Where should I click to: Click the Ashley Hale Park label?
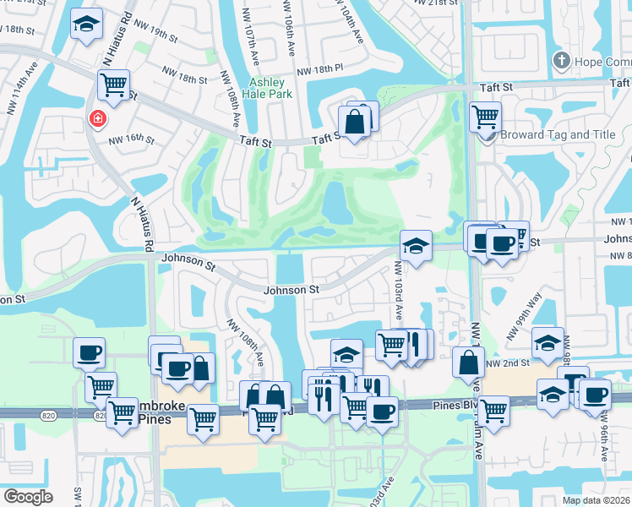tap(270, 88)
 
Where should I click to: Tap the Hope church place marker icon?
tap(559, 61)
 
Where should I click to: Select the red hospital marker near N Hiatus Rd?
tap(98, 119)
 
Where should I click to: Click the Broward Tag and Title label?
tap(557, 134)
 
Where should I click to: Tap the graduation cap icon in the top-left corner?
tap(86, 25)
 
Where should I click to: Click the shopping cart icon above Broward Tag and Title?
tap(485, 116)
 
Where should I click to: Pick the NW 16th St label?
tap(131, 139)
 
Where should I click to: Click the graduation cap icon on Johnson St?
tap(416, 246)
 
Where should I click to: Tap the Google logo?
tap(29, 497)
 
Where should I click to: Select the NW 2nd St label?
tap(512, 363)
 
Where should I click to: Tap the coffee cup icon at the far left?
tap(89, 352)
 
